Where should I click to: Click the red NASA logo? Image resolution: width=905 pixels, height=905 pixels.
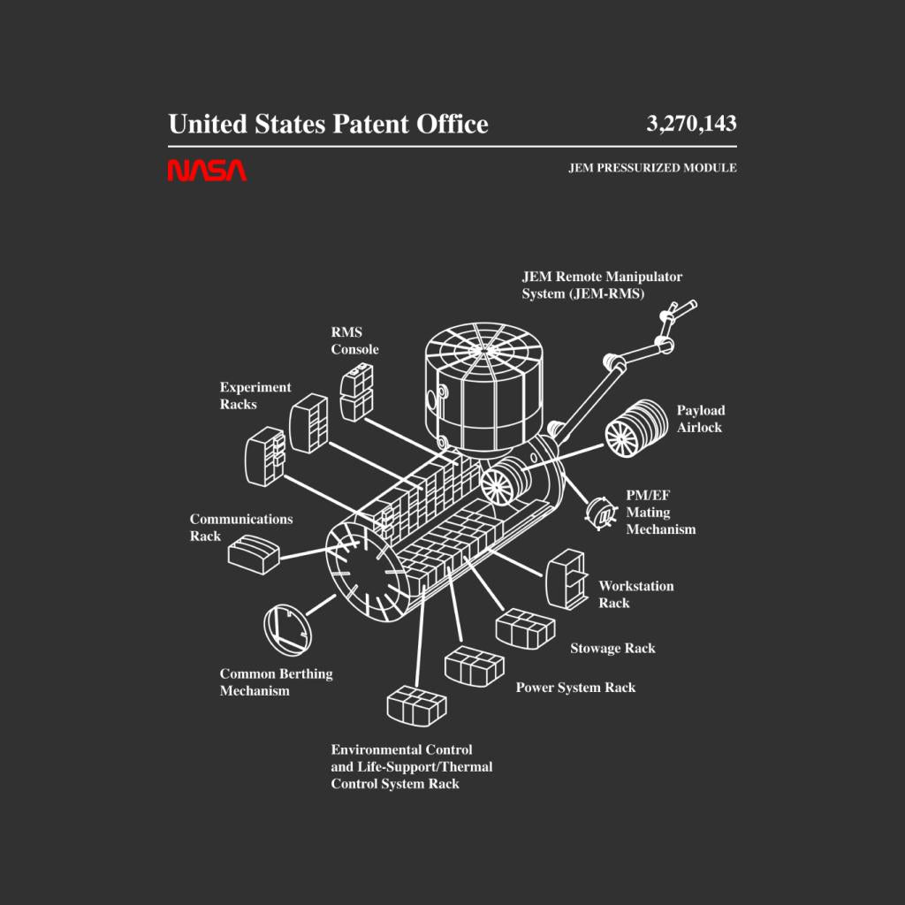207,170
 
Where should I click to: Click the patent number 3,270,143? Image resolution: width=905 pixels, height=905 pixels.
691,124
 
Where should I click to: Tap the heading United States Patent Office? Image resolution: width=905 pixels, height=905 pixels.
328,124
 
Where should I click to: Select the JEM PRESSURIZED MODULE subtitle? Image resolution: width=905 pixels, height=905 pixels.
652,168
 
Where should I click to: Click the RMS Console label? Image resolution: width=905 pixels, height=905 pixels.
354,341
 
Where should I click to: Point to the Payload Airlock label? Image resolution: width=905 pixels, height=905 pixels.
701,419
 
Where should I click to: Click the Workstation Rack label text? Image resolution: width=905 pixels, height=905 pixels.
635,595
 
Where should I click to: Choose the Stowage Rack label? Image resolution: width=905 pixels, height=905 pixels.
612,649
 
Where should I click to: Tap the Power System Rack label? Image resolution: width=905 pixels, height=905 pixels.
575,688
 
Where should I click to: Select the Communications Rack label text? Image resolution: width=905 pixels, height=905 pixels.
240,528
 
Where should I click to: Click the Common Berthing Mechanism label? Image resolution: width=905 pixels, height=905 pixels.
276,682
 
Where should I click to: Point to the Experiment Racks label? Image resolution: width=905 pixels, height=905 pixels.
255,396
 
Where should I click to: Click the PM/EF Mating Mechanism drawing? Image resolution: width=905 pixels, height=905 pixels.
602,512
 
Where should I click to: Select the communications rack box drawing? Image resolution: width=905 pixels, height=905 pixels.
254,553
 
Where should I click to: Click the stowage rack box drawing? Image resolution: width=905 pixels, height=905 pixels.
525,629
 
